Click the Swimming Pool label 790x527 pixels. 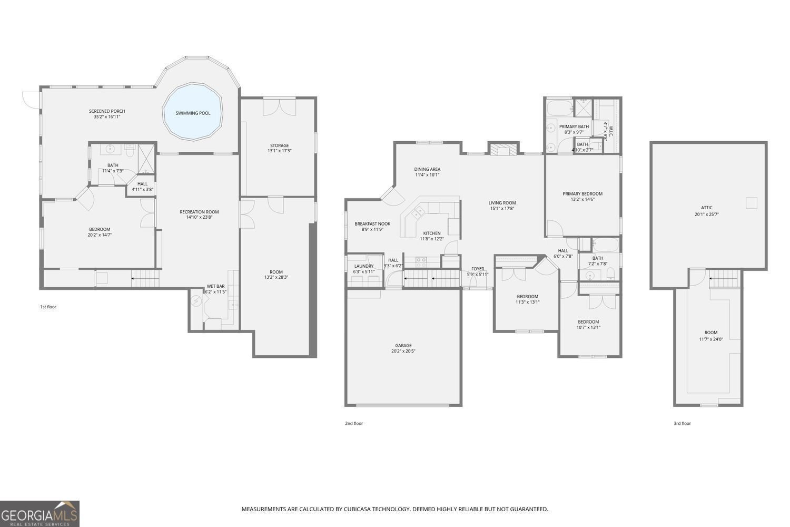193,113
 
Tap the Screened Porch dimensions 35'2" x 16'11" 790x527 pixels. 107,116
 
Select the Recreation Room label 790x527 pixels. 199,212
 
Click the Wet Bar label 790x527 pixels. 215,286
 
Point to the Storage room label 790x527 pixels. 279,145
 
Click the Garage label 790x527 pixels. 403,346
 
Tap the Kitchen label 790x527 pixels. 431,233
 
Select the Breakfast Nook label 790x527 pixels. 372,223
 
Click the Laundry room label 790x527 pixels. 364,266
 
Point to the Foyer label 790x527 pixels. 478,269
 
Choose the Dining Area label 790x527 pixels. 427,169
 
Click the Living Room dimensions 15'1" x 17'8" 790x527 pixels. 502,209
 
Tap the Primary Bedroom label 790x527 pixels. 582,193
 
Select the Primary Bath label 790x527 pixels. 574,126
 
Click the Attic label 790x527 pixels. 706,208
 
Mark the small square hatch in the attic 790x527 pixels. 752,203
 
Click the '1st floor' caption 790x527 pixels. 48,307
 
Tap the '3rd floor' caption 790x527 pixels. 682,423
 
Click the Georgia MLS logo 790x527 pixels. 39,514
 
